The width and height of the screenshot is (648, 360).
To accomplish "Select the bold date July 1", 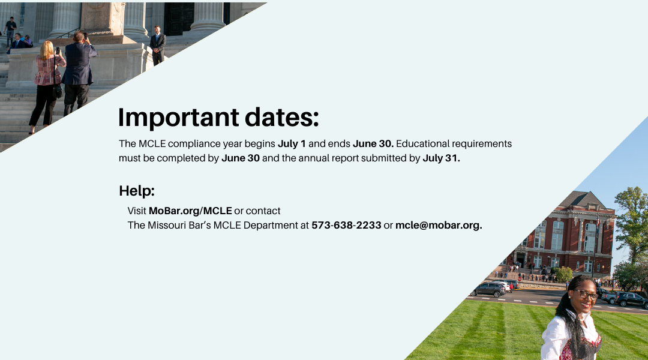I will (292, 144).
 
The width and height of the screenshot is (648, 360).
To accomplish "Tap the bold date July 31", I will (441, 158).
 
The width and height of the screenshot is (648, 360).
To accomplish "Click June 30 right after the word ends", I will (373, 144).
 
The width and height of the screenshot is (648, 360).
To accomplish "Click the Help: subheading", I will (137, 191).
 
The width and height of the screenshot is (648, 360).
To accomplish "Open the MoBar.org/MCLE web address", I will (190, 211).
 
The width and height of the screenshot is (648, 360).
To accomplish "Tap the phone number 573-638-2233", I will (346, 225).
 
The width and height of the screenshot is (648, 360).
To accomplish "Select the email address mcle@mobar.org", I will (439, 225).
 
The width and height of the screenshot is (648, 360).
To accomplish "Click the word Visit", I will (137, 211).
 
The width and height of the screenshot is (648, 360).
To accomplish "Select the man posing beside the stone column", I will (158, 45).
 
